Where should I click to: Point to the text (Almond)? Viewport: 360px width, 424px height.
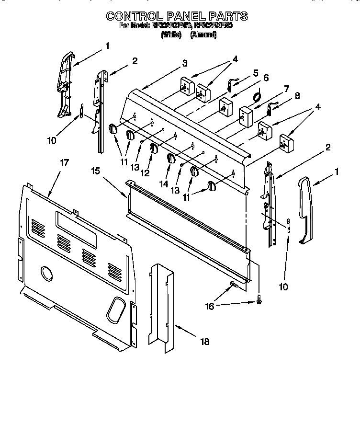pyautogui.click(x=203, y=34)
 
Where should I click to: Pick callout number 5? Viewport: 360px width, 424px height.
pyautogui.click(x=256, y=73)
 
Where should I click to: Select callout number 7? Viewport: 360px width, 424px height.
pyautogui.click(x=286, y=88)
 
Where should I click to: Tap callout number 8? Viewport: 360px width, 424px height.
pyautogui.click(x=297, y=95)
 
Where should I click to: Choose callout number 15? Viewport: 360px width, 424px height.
pyautogui.click(x=96, y=170)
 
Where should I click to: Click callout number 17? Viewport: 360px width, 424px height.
pyautogui.click(x=64, y=163)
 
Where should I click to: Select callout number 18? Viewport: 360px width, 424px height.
pyautogui.click(x=204, y=342)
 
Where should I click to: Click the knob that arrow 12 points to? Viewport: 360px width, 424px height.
pyautogui.click(x=153, y=149)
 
